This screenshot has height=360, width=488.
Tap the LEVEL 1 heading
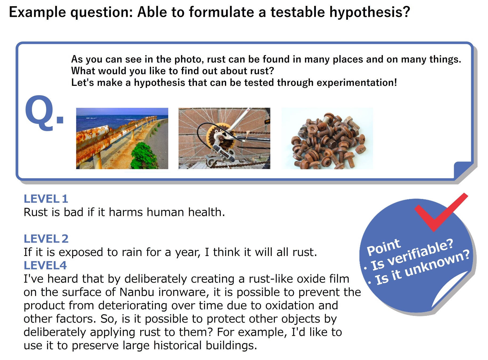click(x=46, y=199)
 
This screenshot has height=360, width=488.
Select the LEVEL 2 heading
click(x=46, y=239)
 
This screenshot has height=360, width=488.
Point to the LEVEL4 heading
click(x=45, y=266)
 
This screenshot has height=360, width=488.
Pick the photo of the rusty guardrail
click(x=122, y=138)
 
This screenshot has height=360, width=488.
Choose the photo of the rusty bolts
click(x=328, y=138)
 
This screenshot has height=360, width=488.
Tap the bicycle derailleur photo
click(x=224, y=138)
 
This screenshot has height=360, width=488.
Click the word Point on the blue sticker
click(x=384, y=247)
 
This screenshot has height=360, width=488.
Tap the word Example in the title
click(x=38, y=12)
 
